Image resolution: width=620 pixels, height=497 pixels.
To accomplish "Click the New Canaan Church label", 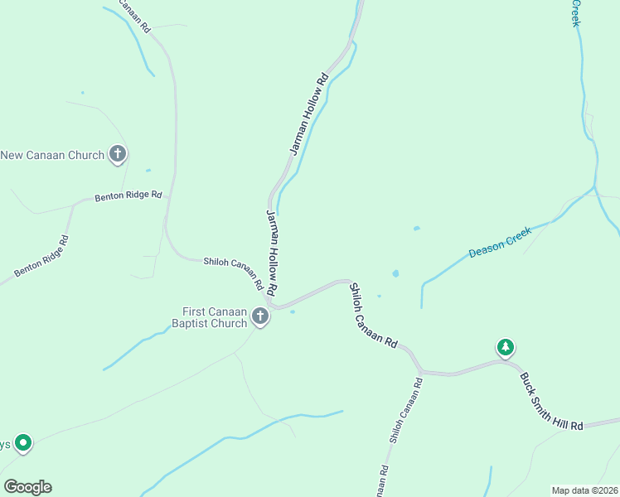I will [53, 155].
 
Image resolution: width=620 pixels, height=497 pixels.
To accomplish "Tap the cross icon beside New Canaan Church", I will [119, 153].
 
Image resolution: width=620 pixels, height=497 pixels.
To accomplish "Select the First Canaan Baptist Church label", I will [209, 317].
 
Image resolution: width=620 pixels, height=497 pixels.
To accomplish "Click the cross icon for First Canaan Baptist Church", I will [260, 316].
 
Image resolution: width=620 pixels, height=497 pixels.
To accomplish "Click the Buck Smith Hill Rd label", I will [552, 401].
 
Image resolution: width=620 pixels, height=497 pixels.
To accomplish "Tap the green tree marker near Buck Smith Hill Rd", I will [505, 347].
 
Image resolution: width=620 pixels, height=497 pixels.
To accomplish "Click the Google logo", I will [27, 487].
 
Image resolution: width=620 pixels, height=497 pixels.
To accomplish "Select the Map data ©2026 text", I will [584, 490].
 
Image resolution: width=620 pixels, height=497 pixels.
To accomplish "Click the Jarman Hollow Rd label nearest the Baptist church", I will [271, 254].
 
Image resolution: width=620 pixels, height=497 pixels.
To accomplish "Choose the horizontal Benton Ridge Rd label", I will [127, 197].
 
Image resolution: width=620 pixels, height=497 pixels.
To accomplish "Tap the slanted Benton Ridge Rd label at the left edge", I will [41, 258].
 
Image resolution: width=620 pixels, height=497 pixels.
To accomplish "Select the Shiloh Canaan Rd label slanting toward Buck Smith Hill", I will [373, 315].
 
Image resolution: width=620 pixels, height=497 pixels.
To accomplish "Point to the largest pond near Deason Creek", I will [395, 273].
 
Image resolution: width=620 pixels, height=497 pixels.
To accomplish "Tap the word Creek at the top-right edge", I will [575, 12].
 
